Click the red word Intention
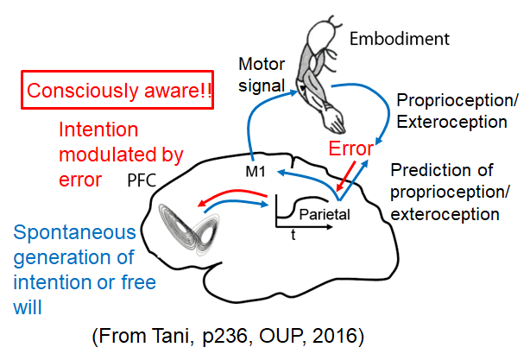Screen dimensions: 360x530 [x=97, y=131]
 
